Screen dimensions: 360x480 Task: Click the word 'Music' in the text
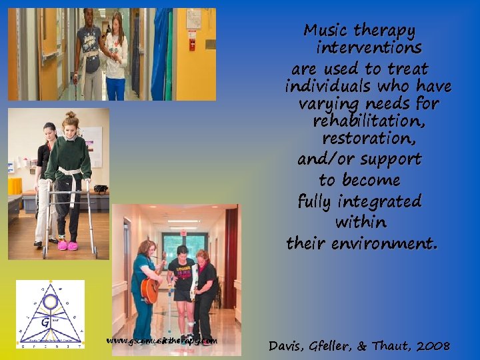(326, 31)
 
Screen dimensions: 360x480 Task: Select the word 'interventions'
(369, 49)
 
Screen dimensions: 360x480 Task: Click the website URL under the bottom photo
(161, 341)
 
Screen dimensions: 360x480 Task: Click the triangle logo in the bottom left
(50, 314)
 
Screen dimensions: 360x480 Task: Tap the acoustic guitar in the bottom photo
(151, 288)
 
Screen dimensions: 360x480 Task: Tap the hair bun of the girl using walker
(70, 115)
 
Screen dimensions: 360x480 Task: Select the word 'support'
(388, 160)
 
